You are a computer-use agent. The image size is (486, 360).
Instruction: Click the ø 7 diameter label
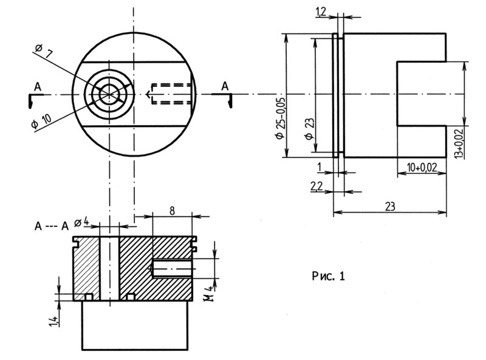click(43, 52)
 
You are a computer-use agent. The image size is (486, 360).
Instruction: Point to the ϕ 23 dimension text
click(310, 128)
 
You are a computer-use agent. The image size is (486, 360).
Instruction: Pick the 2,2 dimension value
click(317, 187)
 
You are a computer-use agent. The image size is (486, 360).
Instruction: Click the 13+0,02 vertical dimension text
click(459, 142)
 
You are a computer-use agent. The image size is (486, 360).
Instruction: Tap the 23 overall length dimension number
click(390, 207)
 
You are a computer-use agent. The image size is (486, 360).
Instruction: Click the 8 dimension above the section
click(172, 210)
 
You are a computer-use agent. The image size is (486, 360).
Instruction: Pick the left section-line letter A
click(37, 88)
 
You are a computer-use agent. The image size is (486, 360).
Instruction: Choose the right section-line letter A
click(225, 86)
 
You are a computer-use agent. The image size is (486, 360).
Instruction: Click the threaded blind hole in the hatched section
click(171, 268)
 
